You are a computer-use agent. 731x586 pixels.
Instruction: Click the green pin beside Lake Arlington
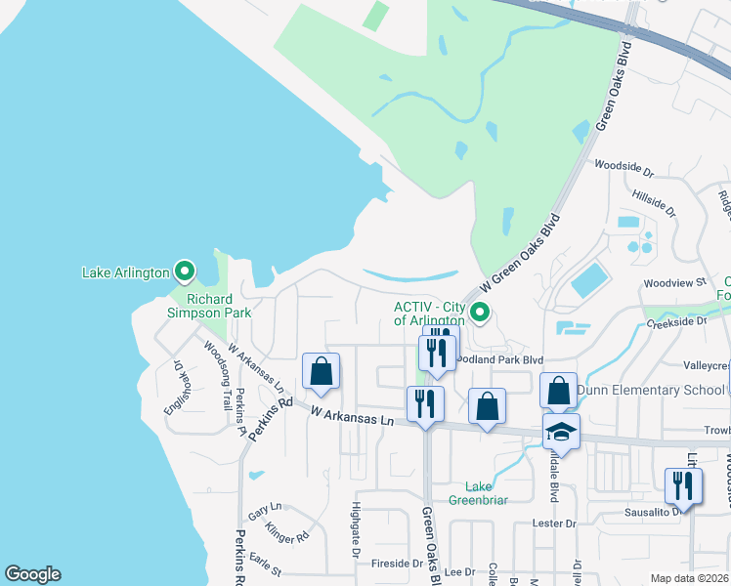184,271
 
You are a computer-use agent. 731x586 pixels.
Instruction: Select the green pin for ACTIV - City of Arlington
479,313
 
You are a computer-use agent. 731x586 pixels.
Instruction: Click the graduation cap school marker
562,430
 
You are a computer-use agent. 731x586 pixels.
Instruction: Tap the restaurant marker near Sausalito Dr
683,485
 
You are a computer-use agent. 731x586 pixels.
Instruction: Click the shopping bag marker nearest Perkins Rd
321,370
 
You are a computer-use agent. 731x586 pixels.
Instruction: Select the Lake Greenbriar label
478,493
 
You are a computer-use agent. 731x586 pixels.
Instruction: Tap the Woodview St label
673,283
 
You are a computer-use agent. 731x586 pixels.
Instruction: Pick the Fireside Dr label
396,564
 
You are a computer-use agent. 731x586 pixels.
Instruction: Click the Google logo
32,574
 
